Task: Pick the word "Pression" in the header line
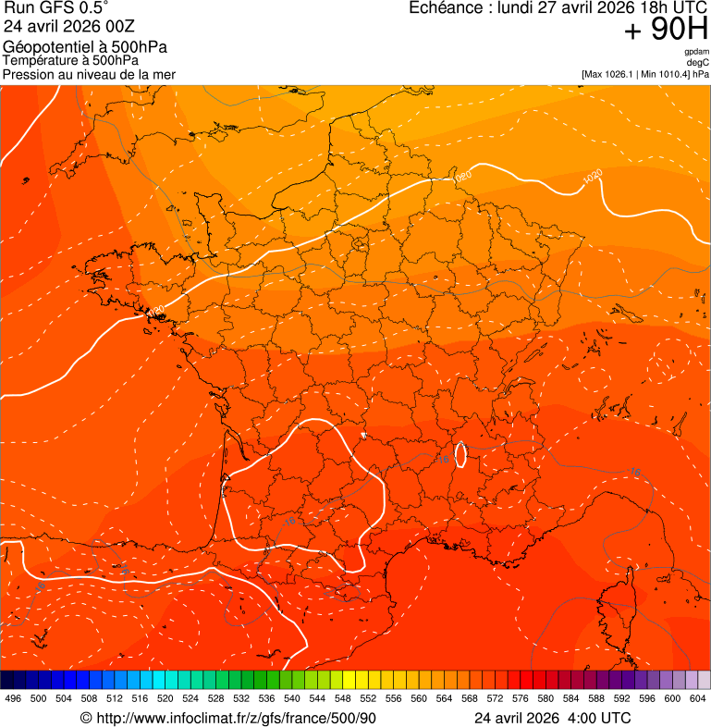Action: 29,74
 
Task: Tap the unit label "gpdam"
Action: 696,52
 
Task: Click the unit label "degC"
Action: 698,62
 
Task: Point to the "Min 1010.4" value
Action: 663,73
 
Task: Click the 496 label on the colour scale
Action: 13,699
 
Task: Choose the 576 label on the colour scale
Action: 520,699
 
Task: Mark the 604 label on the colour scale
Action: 697,699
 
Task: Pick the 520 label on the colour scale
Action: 165,699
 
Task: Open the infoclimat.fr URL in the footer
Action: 236,719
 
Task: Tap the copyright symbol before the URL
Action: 86,719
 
